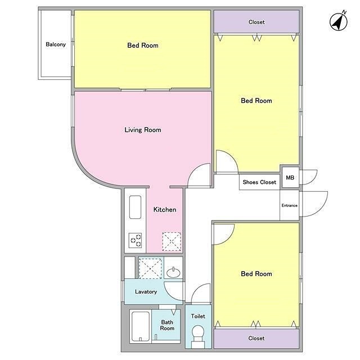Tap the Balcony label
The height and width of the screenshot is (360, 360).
pos(56,44)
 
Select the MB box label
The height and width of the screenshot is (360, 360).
pos(290,178)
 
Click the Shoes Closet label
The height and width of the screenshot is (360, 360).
pos(259,182)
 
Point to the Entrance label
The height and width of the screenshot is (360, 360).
pos(289,205)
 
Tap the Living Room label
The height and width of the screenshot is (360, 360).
pos(142,130)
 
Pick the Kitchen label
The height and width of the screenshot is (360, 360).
pos(165,209)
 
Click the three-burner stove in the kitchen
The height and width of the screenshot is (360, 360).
pos(135,240)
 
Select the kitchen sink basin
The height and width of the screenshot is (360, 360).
pos(135,207)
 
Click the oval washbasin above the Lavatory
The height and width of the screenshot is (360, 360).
pos(173,272)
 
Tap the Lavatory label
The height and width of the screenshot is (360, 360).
pos(146,291)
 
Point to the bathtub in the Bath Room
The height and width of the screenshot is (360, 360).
pos(141,326)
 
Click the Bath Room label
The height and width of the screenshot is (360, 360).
pos(167,325)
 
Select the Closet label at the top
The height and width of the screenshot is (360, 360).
pos(256,22)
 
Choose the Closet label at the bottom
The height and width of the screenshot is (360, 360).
pos(256,338)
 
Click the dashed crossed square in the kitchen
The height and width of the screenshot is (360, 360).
pos(172,241)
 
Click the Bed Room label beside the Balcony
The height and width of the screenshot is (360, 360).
pos(142,45)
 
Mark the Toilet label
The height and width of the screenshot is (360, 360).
pos(198,316)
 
